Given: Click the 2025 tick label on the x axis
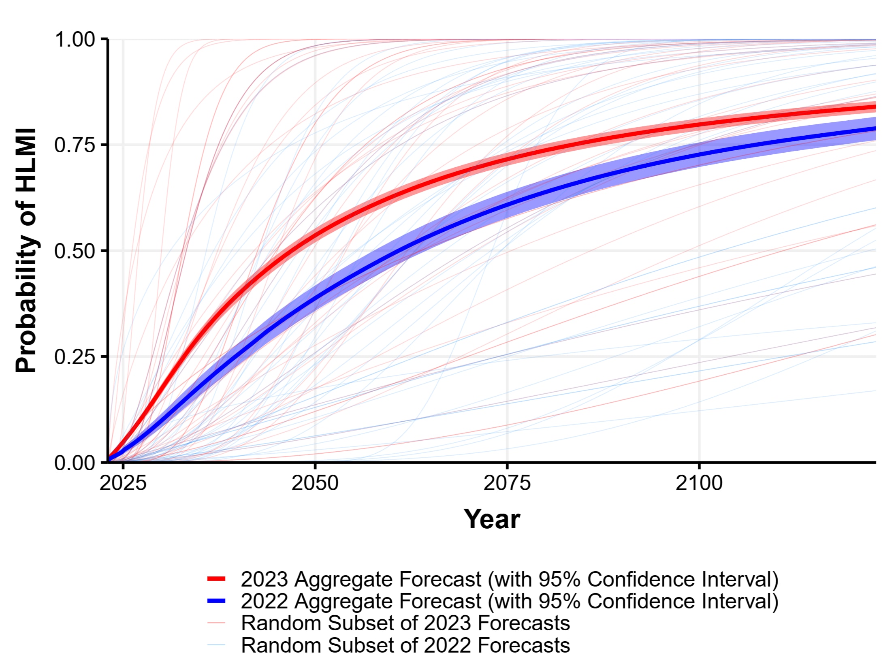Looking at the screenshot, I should [123, 483].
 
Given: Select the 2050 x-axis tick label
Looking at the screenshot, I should [315, 483].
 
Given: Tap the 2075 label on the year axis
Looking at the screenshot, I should [507, 483].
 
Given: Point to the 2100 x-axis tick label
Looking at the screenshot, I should [699, 483].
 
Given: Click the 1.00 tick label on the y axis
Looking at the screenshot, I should [75, 40].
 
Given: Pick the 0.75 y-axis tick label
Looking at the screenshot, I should [75, 145].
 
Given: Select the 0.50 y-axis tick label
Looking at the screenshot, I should [75, 251].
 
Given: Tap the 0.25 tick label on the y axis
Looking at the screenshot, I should [75, 356].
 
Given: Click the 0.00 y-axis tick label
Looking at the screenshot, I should [75, 462].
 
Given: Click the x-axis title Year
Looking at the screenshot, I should [491, 519].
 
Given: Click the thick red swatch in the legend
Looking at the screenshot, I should [216, 579].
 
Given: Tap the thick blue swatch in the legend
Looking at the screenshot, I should [216, 601].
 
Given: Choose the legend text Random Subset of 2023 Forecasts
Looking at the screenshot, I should [405, 623].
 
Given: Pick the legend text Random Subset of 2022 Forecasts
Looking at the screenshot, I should [405, 645].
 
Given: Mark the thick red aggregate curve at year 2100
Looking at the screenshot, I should [699, 124].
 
